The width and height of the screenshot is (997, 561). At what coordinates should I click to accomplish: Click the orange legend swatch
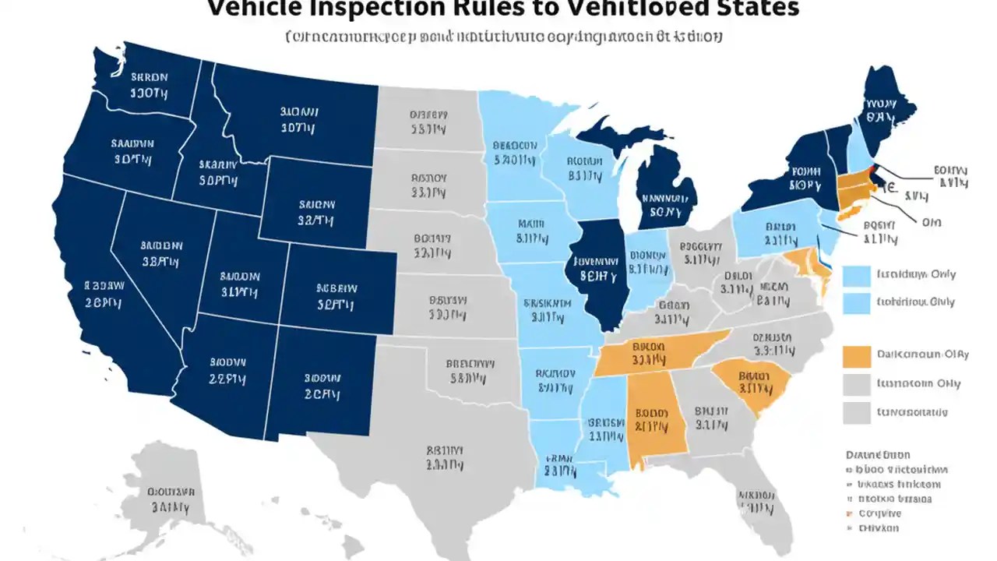[856, 356]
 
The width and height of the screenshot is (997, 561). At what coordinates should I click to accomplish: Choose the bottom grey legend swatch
[856, 413]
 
